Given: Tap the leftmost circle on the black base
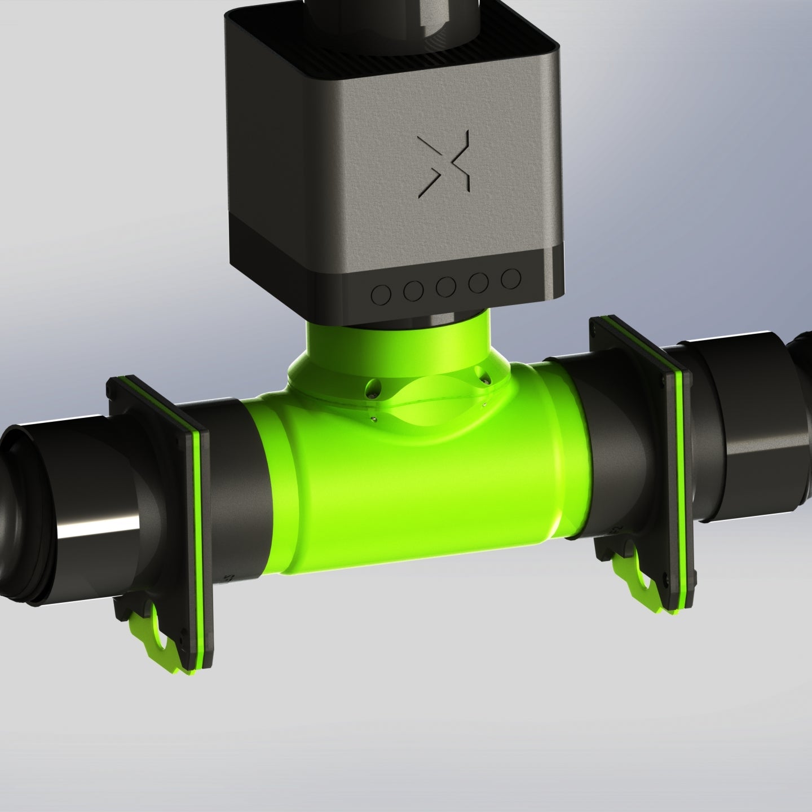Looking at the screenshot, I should tap(383, 294).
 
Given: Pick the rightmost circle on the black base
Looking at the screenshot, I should tap(510, 278).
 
